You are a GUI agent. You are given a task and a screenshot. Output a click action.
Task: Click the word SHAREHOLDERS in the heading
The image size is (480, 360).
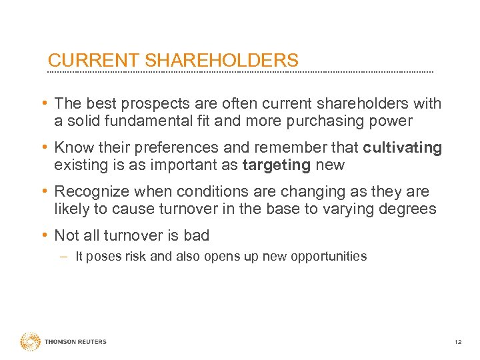(x=221, y=61)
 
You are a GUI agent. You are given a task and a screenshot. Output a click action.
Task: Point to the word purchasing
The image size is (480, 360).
(x=323, y=121)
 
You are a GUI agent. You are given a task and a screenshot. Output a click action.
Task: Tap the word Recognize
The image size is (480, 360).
(x=91, y=192)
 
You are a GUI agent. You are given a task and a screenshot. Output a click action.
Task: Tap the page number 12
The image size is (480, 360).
(x=457, y=342)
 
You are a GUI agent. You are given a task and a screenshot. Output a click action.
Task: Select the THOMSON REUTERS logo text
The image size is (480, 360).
(x=75, y=342)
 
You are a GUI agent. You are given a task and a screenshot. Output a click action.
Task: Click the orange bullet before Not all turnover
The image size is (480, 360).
(x=43, y=235)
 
